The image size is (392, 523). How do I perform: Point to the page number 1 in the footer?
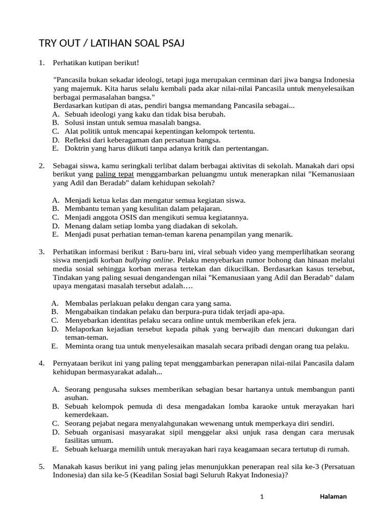point(261,496)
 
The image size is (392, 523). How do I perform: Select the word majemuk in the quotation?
point(81,88)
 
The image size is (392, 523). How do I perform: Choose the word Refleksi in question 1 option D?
point(78,139)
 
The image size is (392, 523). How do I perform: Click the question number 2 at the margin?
point(41,166)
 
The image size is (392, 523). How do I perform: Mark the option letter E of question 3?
point(54,346)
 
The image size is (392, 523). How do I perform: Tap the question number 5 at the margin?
point(41,466)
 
